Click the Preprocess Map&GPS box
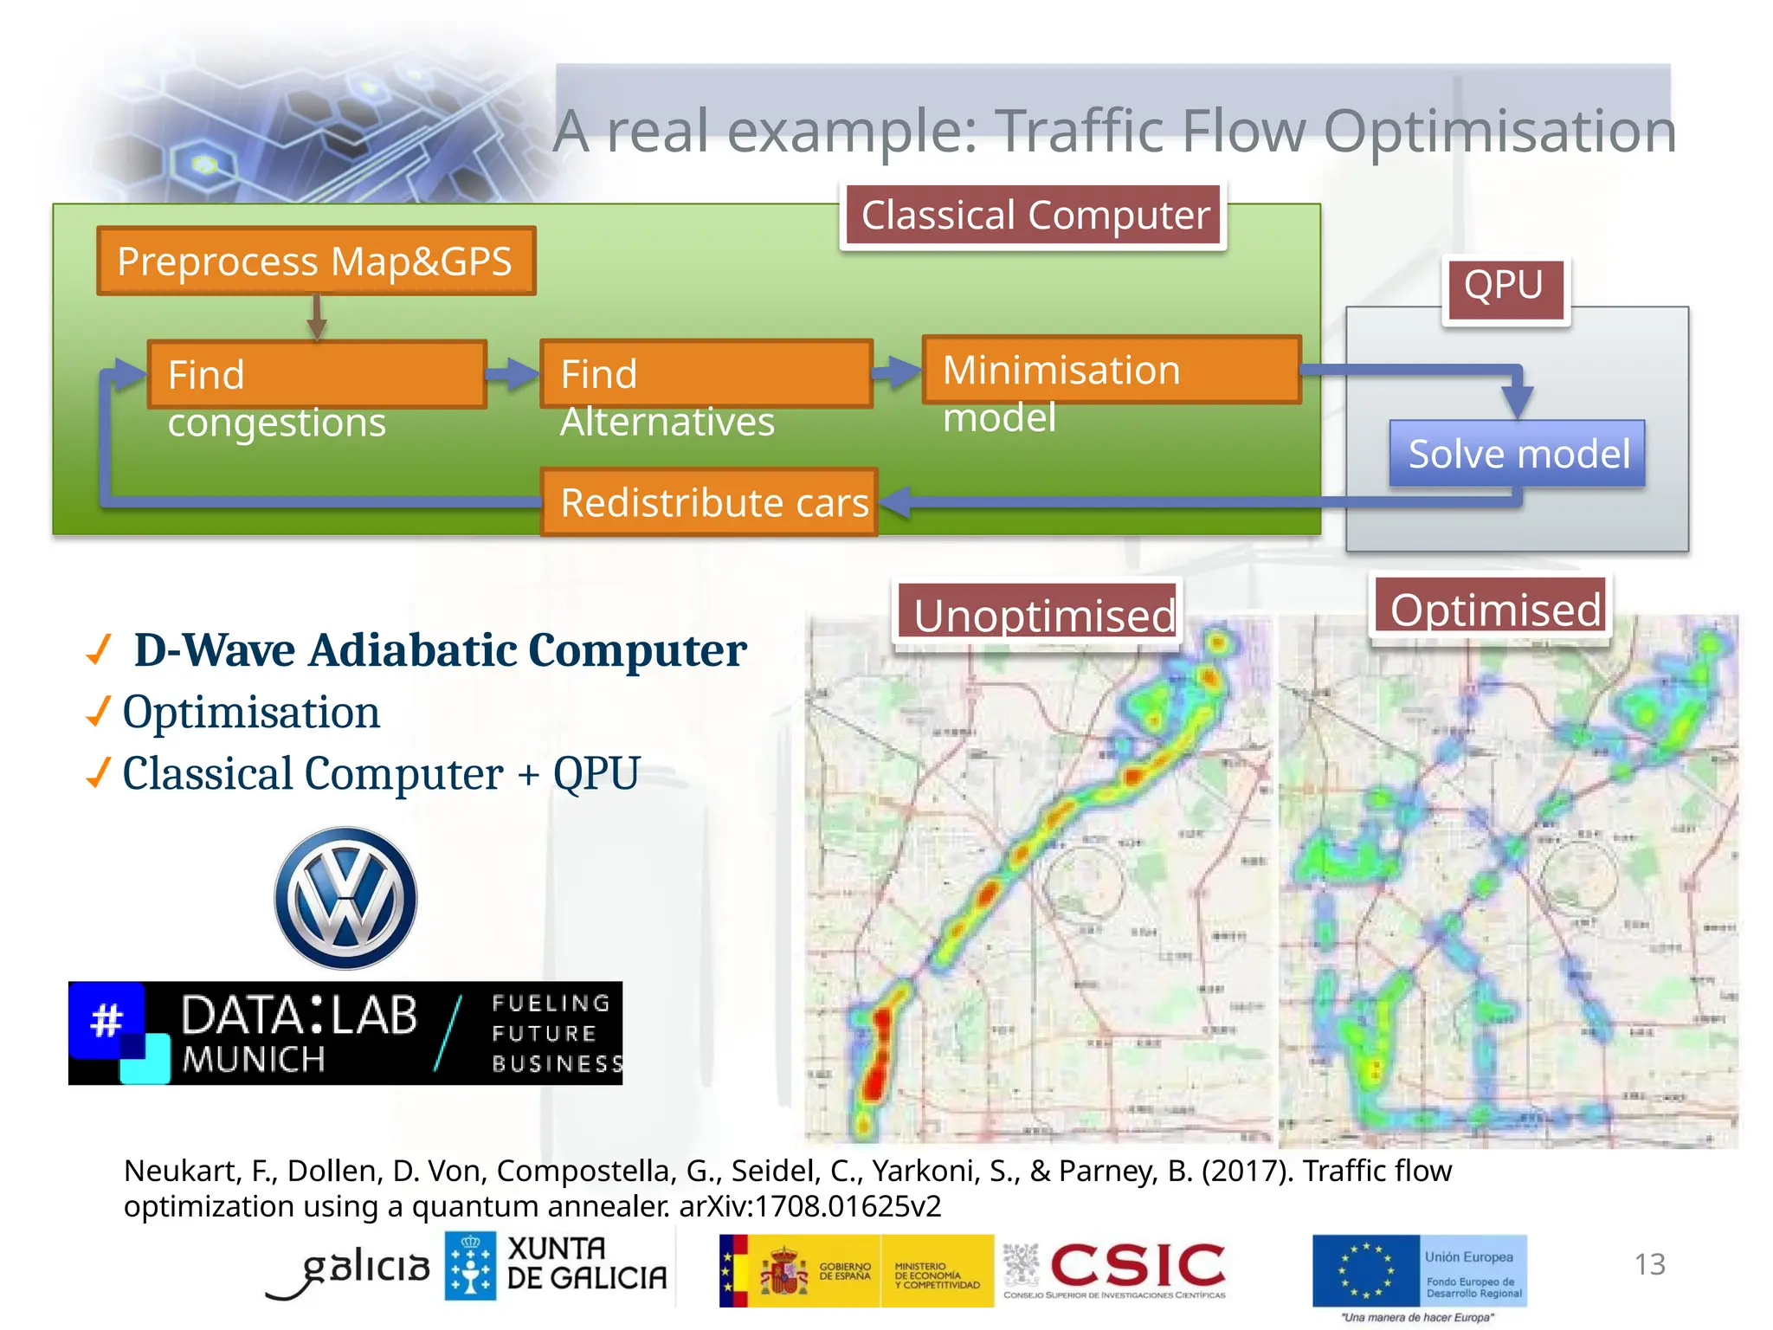click(x=316, y=261)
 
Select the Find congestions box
click(x=317, y=374)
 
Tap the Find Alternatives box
click(x=706, y=374)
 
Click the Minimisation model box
click(x=1112, y=370)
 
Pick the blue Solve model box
click(x=1518, y=454)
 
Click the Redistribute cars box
click(x=710, y=502)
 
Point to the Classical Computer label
click(x=1034, y=216)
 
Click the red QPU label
click(x=1505, y=287)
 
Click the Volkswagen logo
click(x=345, y=898)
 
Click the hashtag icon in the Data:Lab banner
click(x=107, y=1019)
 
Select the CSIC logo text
click(x=1138, y=1265)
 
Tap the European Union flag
click(x=1365, y=1270)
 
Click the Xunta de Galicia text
click(x=586, y=1263)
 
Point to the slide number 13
click(x=1649, y=1264)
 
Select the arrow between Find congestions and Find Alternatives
click(x=513, y=374)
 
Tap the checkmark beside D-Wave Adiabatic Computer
click(x=100, y=649)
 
